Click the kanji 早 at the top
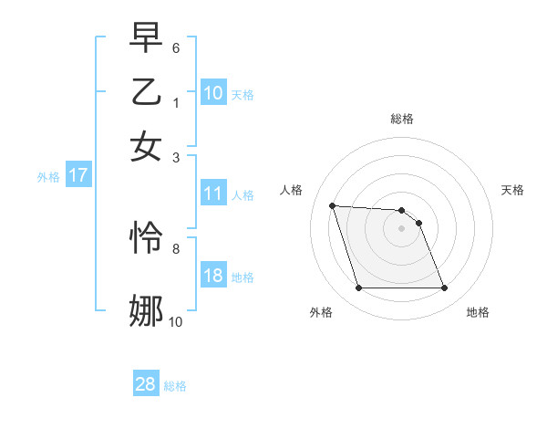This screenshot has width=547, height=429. click(x=146, y=37)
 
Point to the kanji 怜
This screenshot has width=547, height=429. click(x=146, y=238)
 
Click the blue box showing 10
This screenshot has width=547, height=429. click(x=212, y=93)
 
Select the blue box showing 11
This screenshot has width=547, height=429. click(x=212, y=194)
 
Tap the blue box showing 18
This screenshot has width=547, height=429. click(x=212, y=277)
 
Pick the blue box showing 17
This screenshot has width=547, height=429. click(x=78, y=176)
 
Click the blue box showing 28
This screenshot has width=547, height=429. click(x=146, y=384)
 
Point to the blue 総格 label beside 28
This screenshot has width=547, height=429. click(x=176, y=385)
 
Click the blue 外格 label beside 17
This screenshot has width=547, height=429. click(x=48, y=177)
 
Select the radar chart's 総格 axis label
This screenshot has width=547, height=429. click(x=402, y=119)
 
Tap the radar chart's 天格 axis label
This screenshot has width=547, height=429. click(x=512, y=190)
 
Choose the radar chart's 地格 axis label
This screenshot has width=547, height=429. click(x=478, y=312)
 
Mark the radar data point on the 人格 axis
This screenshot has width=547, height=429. click(x=333, y=206)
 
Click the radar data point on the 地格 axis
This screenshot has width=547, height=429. click(x=444, y=288)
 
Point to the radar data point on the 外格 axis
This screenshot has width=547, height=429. click(x=358, y=288)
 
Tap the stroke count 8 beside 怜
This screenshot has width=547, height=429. click(x=176, y=247)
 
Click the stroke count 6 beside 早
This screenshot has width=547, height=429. click(x=176, y=47)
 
